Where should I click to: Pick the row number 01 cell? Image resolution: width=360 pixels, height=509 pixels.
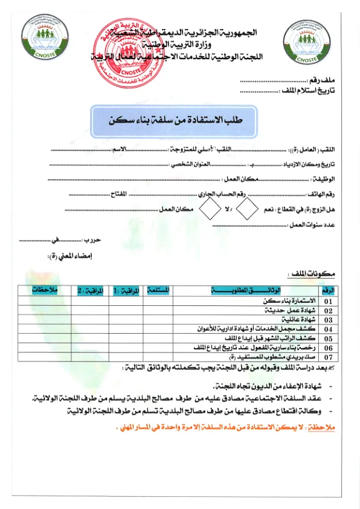point(328,300)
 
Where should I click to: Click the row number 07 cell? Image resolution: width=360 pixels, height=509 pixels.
point(328,357)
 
